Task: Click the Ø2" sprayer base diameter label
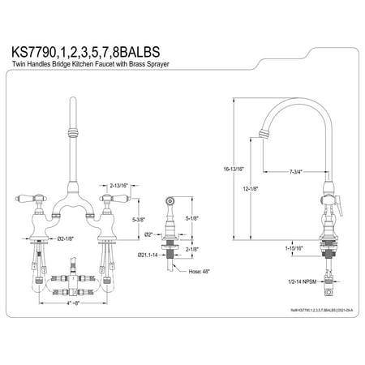pos(149,236)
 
